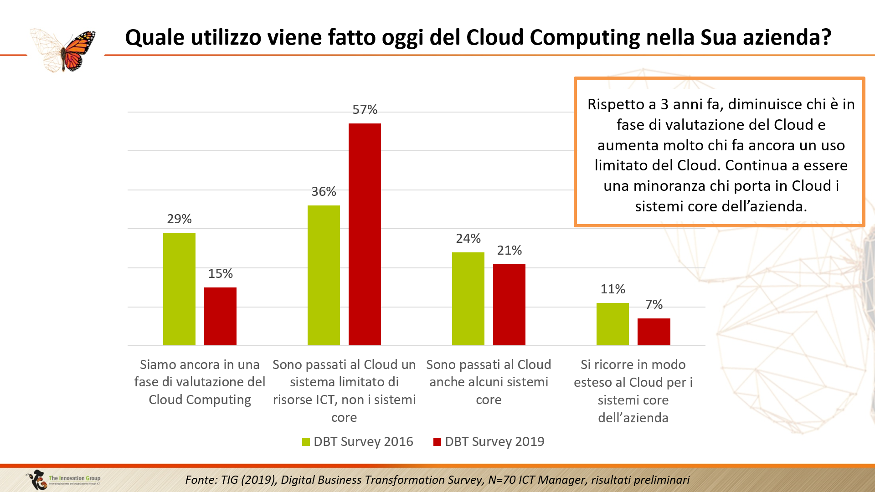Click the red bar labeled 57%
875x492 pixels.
click(x=365, y=234)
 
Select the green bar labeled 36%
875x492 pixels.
click(x=324, y=275)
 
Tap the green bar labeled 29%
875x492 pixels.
click(x=179, y=289)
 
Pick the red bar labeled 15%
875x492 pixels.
click(x=220, y=316)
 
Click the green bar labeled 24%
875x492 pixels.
click(x=468, y=299)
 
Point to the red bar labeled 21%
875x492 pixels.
click(x=509, y=305)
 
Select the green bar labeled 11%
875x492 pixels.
click(x=612, y=324)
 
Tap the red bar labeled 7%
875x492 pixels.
click(x=654, y=332)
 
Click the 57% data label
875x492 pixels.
click(x=365, y=110)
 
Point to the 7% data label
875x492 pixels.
click(x=654, y=305)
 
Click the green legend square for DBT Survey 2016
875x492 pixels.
click(x=306, y=442)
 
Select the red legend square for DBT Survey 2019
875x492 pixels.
click(x=437, y=442)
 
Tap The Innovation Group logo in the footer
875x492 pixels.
click(x=64, y=480)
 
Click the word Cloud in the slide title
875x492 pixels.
click(x=495, y=37)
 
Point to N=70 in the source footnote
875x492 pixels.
click(x=504, y=480)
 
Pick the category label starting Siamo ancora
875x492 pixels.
click(x=200, y=382)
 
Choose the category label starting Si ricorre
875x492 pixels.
click(x=633, y=391)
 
